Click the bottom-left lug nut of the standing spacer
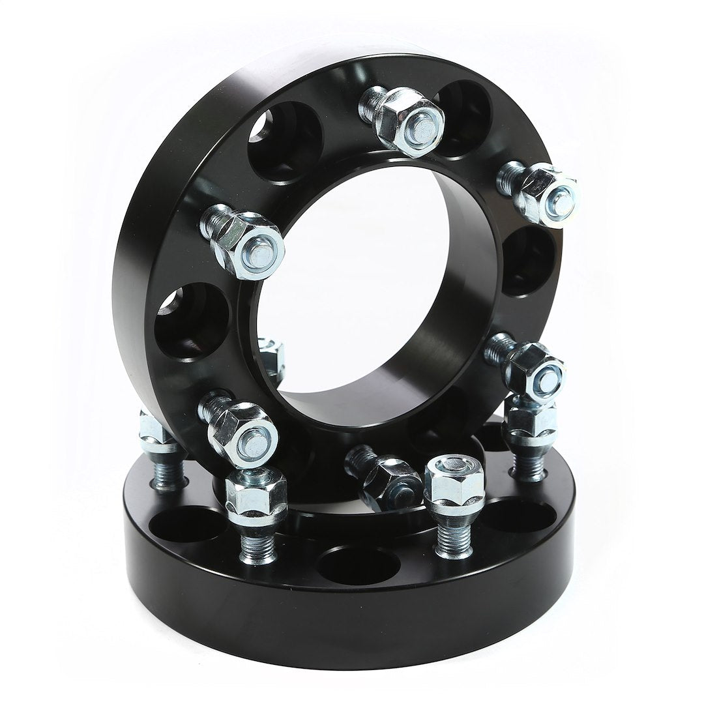[x=241, y=432]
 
